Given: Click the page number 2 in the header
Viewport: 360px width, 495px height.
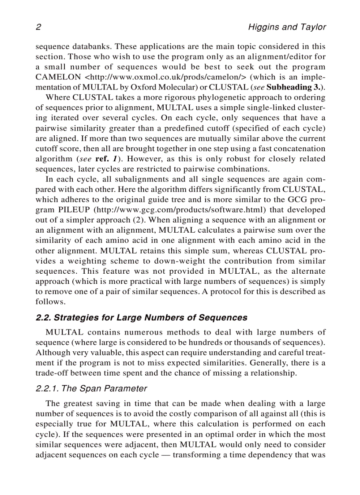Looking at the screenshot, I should click(x=38, y=27).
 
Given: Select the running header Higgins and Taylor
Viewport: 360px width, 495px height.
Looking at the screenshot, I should click(x=287, y=27).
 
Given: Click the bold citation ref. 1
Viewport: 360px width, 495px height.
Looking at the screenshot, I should click(x=108, y=159).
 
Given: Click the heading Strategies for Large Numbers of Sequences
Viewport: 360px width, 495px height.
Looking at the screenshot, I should click(x=141, y=318).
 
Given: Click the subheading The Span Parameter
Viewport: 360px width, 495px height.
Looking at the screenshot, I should click(x=91, y=389).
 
